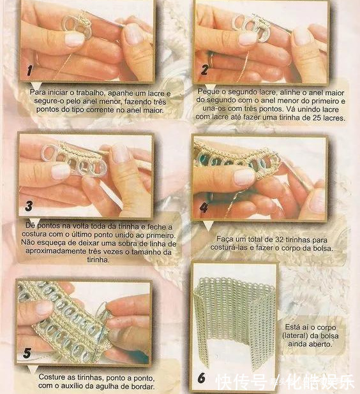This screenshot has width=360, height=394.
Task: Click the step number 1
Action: tap(30, 71)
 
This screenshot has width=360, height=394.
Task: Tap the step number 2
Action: tap(204, 69)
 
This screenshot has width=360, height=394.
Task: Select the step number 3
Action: tap(29, 206)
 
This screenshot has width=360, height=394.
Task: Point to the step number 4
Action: tap(204, 208)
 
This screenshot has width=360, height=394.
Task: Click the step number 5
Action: tap(27, 353)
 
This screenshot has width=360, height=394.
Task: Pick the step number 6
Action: tap(202, 378)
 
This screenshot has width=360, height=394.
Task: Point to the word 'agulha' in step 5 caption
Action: tap(117, 385)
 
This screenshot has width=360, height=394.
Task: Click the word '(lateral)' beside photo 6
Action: tap(296, 335)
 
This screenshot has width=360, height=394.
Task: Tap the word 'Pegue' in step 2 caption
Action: tap(207, 92)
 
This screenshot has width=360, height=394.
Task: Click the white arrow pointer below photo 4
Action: tap(208, 226)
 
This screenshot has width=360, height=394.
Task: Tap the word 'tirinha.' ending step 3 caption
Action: tap(98, 259)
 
